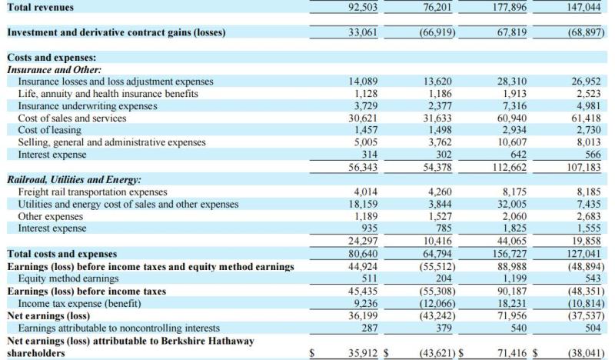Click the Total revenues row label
pyautogui.click(x=41, y=7)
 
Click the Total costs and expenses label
pyautogui.click(x=61, y=253)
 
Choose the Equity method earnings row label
pyautogui.click(x=68, y=278)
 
